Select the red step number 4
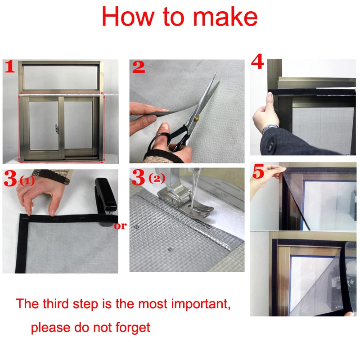[x=257, y=63]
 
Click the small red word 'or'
[x=120, y=226]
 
